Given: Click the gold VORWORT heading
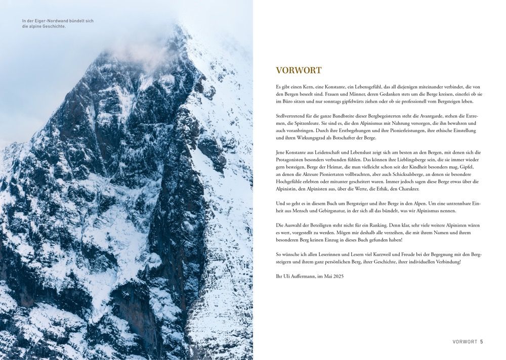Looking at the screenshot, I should coord(299,70).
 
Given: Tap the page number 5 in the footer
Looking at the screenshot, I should coord(482,342).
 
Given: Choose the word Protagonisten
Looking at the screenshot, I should coord(294,159).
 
